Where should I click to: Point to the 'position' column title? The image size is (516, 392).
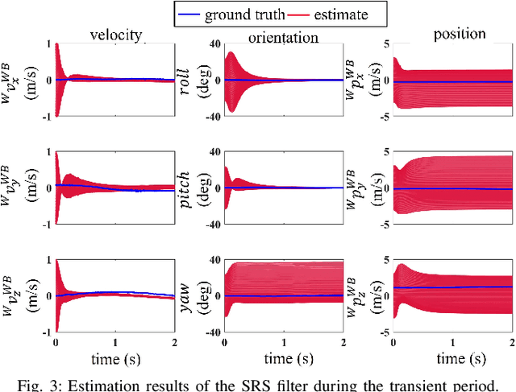[460, 34]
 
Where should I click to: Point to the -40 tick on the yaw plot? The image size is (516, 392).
[214, 330]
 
